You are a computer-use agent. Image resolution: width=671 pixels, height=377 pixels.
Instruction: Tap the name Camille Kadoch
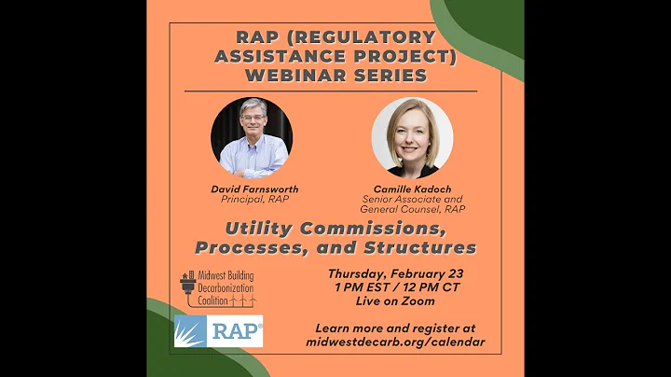(412, 188)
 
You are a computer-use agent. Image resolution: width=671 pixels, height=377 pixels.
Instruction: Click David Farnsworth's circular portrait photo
(251, 138)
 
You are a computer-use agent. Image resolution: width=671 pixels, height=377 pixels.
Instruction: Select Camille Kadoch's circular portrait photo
(412, 138)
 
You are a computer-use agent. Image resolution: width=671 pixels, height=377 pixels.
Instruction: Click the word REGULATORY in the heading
(357, 37)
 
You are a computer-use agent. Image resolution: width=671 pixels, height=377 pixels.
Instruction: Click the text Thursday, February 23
(403, 274)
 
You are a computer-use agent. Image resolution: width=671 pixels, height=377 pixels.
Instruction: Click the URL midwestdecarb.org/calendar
(395, 342)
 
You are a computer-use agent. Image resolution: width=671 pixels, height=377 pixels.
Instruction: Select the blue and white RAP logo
(218, 331)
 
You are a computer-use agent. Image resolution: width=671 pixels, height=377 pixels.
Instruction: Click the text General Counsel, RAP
(412, 209)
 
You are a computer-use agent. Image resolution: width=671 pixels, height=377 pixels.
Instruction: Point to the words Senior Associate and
(412, 199)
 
